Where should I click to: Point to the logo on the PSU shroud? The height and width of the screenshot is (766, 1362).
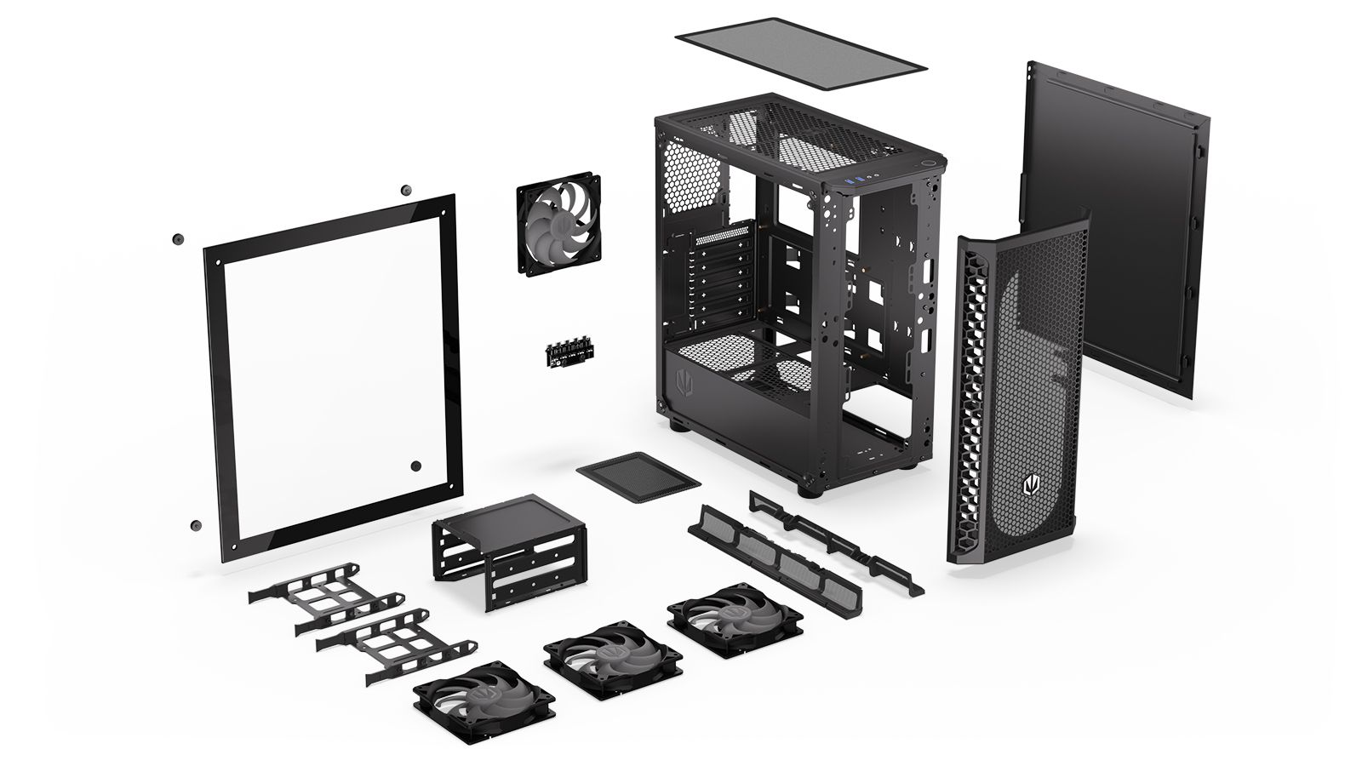coord(684,380)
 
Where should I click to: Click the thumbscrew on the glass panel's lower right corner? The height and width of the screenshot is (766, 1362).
coord(416,466)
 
